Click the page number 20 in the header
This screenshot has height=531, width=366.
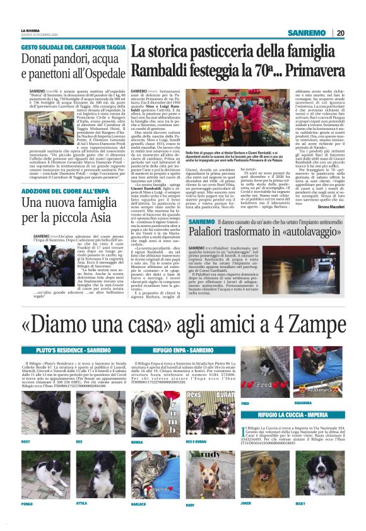340,33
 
